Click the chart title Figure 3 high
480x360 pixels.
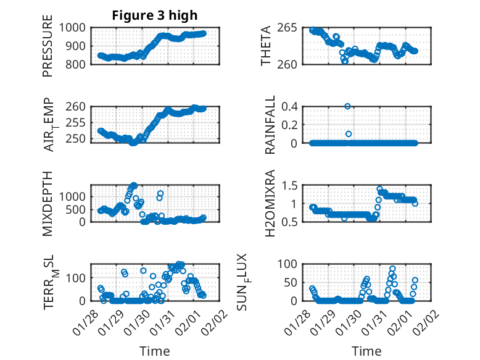(x=154, y=15)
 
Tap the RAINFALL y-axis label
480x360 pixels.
(x=270, y=125)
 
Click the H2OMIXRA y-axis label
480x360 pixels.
(x=270, y=204)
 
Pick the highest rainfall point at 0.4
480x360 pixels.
(x=348, y=106)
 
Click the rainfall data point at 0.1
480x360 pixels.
(x=349, y=134)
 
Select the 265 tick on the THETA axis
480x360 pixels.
(x=290, y=28)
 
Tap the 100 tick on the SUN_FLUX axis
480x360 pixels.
(x=290, y=264)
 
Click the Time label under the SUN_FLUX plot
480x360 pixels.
(x=366, y=351)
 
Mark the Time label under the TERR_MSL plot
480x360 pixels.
(x=154, y=351)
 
